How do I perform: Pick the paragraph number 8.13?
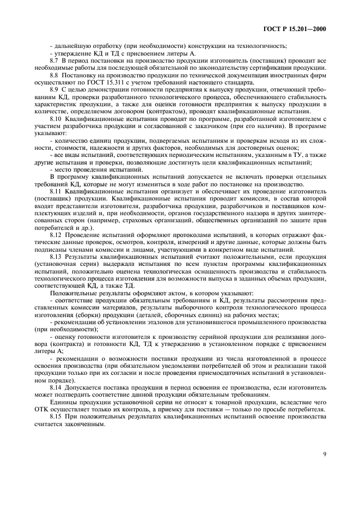[56, 255]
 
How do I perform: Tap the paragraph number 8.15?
[56, 416]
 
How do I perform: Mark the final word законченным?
[80, 423]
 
